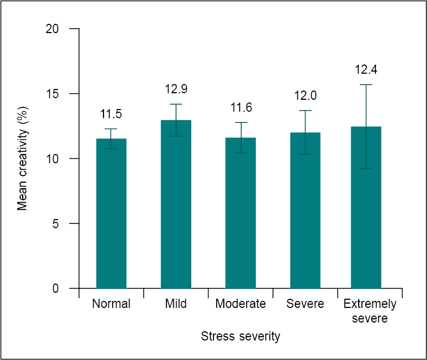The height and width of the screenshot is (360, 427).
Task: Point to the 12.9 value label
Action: point(176,89)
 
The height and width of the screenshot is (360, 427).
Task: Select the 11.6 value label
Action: point(241,107)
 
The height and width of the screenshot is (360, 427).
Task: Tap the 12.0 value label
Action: point(305,95)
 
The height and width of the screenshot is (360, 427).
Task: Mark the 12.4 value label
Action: point(366,69)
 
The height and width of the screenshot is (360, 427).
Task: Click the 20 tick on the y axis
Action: point(52,29)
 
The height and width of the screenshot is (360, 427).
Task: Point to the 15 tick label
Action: point(52,94)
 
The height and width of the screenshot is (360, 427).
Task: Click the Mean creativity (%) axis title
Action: point(22,158)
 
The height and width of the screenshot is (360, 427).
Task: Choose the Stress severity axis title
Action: point(241,336)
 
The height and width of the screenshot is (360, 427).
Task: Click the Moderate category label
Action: point(241,304)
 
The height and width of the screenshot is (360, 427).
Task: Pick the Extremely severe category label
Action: point(370,311)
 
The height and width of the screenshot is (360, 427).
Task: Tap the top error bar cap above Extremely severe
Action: point(366,85)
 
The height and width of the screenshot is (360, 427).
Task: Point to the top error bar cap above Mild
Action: point(176,104)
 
